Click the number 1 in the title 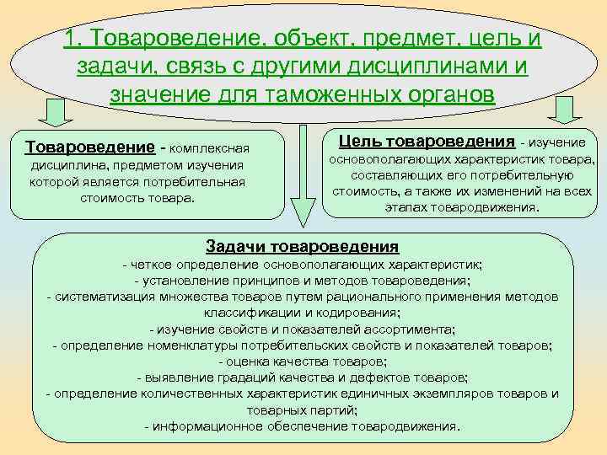pyautogui.click(x=70, y=39)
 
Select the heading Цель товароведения pyautogui.click(x=426, y=141)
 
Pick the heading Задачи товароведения pyautogui.click(x=302, y=246)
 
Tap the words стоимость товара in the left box pyautogui.click(x=137, y=198)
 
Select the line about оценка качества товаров pyautogui.click(x=303, y=361)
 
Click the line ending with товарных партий pyautogui.click(x=303, y=409)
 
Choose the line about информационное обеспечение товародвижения pyautogui.click(x=303, y=426)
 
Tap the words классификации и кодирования pyautogui.click(x=303, y=313)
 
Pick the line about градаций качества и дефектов pyautogui.click(x=303, y=377)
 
